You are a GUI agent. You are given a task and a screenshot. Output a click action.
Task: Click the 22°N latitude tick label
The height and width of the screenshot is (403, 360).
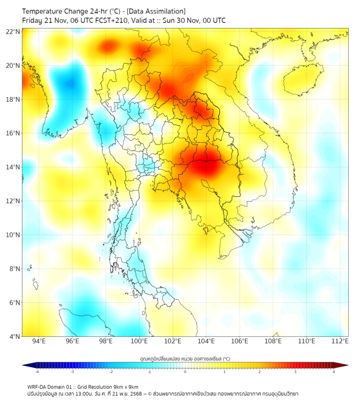[13, 31]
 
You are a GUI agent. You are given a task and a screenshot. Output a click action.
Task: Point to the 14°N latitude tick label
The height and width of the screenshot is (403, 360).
[13, 167]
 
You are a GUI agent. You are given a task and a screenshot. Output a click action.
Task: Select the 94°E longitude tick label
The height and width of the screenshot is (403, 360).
[39, 341]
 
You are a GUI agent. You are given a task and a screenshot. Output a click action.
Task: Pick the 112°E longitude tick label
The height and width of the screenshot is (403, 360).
[340, 341]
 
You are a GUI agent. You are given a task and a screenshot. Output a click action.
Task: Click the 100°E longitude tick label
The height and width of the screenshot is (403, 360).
[139, 341]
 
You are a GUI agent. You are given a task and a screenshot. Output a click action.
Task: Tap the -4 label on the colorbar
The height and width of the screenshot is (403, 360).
[37, 372]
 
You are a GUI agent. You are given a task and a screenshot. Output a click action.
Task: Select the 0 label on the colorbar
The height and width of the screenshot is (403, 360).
[185, 372]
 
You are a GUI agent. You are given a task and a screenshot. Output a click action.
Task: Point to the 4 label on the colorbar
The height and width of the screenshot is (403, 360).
[333, 372]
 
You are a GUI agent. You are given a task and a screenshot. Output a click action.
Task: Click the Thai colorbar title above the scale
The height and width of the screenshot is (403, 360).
[185, 358]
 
